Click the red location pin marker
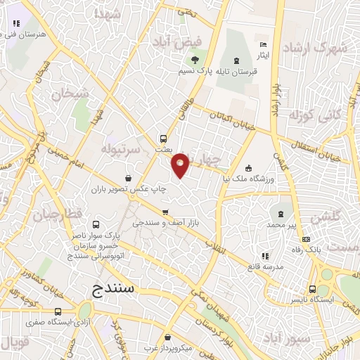181,165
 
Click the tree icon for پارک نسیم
195,57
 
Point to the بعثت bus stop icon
163,139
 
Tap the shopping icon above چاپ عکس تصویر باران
127,178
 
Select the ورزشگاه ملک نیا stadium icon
247,168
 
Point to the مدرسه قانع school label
264,266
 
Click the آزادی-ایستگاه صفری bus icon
58,311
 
